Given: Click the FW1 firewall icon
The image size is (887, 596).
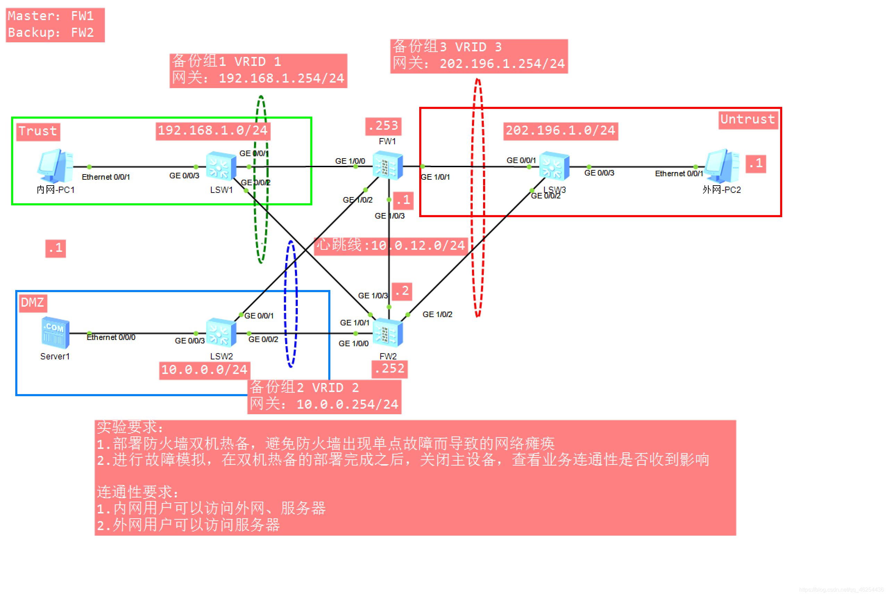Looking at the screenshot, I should (387, 166).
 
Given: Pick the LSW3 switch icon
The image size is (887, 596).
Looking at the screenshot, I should (554, 166).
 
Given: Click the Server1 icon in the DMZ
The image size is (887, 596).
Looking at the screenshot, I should (55, 333).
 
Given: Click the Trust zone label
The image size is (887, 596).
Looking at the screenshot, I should (37, 131).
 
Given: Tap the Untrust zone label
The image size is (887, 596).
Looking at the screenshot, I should (747, 119).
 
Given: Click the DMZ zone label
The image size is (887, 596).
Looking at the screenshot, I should (33, 303).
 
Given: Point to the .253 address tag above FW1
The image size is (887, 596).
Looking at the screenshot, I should (383, 126).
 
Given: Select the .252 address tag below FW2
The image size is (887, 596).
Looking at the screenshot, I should (389, 369).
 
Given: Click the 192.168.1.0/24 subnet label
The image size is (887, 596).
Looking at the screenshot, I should (212, 131).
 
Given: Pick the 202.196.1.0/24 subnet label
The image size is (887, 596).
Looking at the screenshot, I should (560, 131).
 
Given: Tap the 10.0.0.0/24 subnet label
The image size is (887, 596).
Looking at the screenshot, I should (204, 370).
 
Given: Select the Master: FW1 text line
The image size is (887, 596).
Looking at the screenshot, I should (51, 16).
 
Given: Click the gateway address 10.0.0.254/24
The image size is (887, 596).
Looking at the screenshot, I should (347, 405).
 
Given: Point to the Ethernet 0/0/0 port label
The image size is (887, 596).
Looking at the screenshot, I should (111, 338).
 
